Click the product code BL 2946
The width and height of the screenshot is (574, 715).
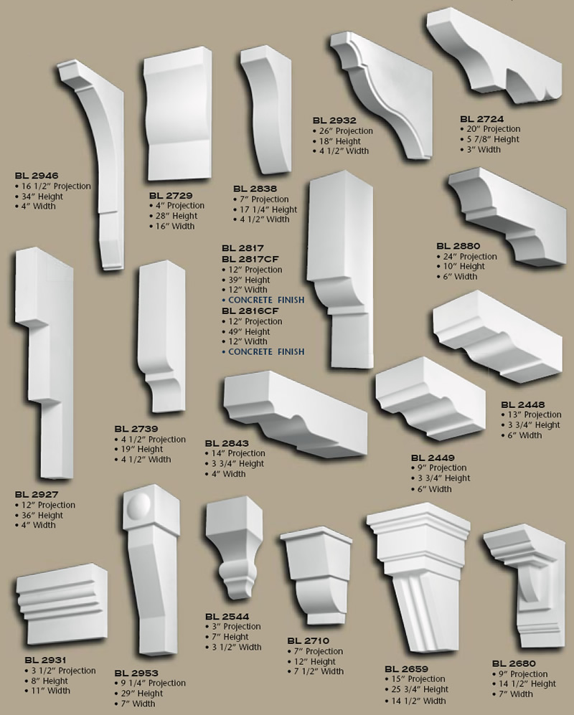pyautogui.click(x=37, y=176)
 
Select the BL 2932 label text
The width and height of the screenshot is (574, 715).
pyautogui.click(x=334, y=120)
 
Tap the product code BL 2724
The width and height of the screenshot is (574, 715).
pyautogui.click(x=482, y=118)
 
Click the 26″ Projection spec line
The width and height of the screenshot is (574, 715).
pyautogui.click(x=345, y=131)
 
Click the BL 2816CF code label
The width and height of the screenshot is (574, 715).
pyautogui.click(x=250, y=311)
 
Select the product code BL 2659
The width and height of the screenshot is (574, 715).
pyautogui.click(x=406, y=668)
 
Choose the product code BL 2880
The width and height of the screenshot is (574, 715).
pyautogui.click(x=457, y=246)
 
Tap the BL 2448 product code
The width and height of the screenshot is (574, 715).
pyautogui.click(x=522, y=404)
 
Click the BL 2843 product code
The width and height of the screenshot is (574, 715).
pyautogui.click(x=226, y=443)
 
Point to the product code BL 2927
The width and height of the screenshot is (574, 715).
pyautogui.click(x=37, y=495)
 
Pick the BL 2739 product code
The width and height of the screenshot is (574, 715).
pyautogui.click(x=136, y=429)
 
